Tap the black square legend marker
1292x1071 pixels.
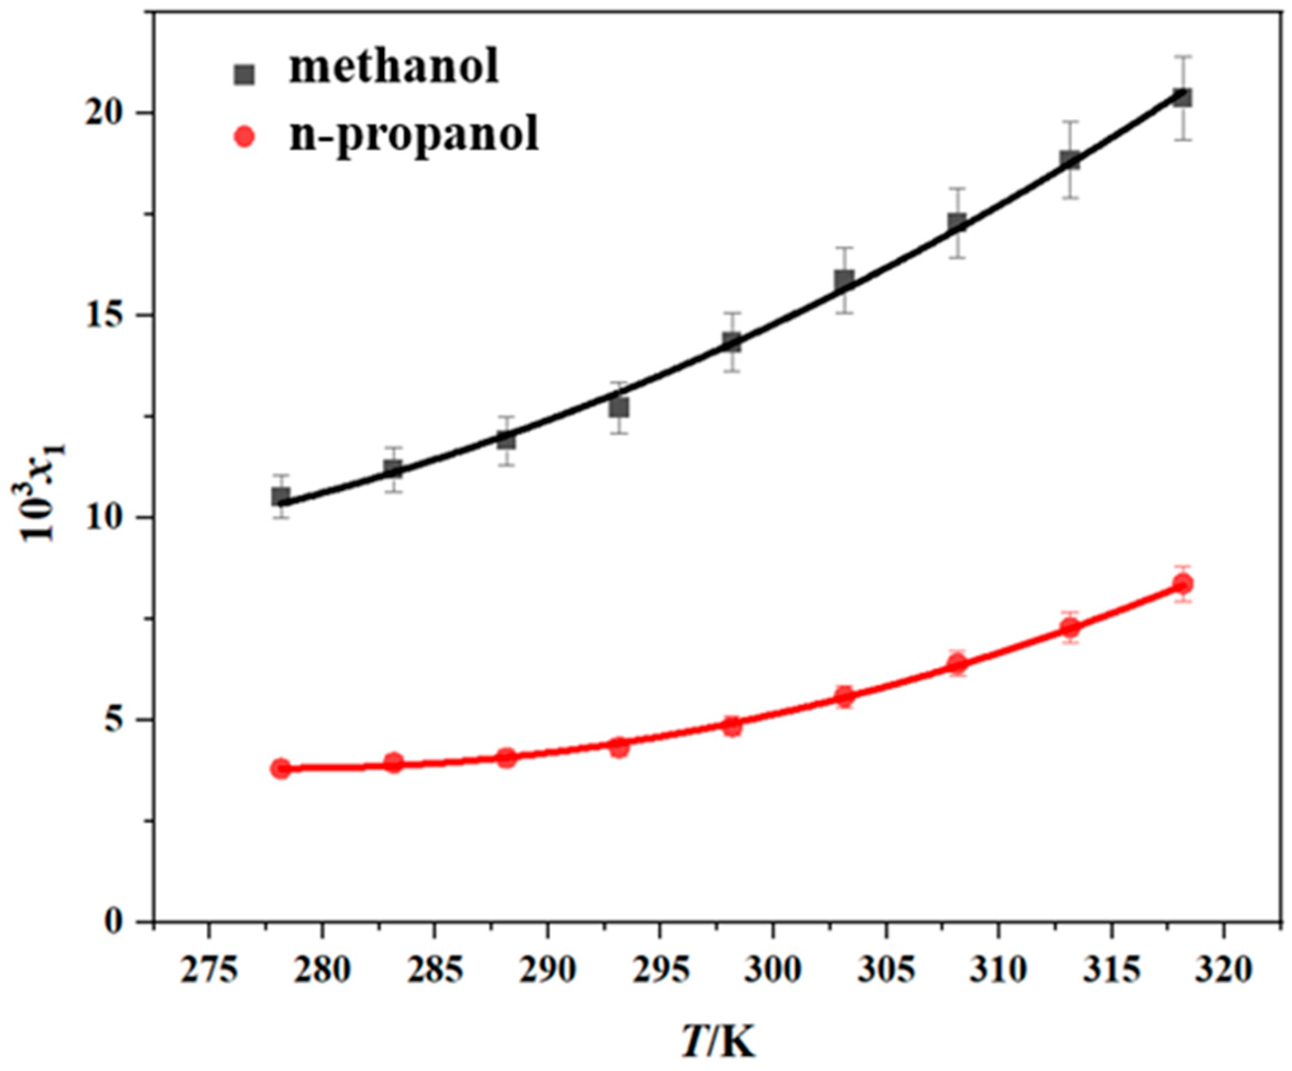pyautogui.click(x=244, y=75)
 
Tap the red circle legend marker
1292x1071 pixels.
pyautogui.click(x=244, y=137)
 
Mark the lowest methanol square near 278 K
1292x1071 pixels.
pyautogui.click(x=281, y=496)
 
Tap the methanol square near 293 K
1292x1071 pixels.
pyautogui.click(x=619, y=407)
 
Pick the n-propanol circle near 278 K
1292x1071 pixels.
pyautogui.click(x=281, y=768)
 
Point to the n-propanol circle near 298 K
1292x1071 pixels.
pyautogui.click(x=732, y=726)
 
